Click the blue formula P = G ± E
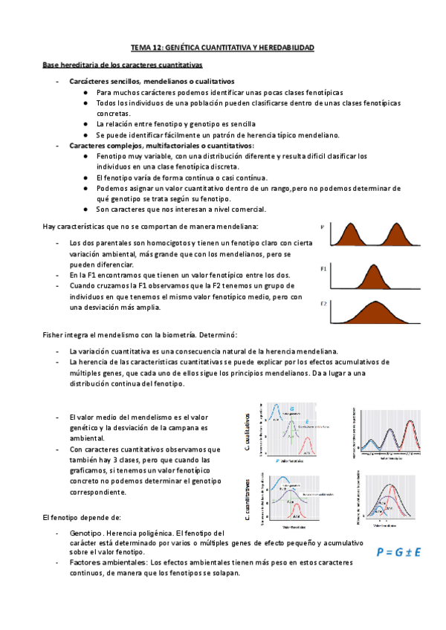[x=399, y=552]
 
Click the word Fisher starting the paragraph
[x=53, y=336]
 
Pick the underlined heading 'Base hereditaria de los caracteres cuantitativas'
[x=117, y=66]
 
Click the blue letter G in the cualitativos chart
[x=292, y=409]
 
